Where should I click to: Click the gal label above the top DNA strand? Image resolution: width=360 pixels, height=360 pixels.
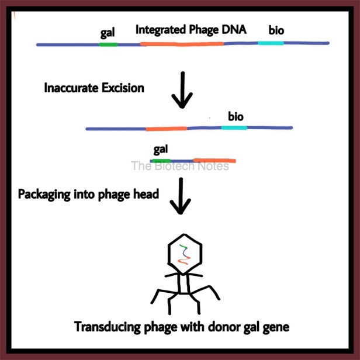coord(108,33)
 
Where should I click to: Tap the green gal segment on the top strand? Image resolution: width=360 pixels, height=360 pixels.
coord(108,44)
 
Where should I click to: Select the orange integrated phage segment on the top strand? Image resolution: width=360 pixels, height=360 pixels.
coord(182,44)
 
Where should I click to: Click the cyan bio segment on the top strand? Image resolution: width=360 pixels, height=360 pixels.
coord(271,43)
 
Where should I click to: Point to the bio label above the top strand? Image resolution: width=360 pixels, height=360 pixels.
coord(276,30)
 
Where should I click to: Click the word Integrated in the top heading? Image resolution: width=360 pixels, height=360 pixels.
coord(161,30)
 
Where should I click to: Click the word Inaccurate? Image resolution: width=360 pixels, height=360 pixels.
coord(71,88)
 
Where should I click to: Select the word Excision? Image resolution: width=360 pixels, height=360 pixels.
coord(123,88)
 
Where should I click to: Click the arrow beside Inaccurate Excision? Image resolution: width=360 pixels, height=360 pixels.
coord(182,90)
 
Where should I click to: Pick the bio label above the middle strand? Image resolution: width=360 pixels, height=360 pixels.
coord(236,117)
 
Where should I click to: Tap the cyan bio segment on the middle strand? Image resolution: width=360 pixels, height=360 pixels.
coord(234,127)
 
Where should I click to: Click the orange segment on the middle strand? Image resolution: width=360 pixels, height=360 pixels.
coord(167,129)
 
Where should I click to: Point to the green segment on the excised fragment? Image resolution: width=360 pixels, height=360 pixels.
coord(161,161)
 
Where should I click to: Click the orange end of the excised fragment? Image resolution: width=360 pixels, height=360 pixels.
coord(214,161)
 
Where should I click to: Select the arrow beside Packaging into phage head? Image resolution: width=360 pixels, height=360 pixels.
coord(181,196)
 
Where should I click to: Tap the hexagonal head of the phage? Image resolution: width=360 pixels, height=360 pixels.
coord(185,254)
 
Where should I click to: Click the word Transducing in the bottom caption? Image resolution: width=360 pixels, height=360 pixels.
coord(108,327)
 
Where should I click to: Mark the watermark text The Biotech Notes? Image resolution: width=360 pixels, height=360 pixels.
coord(180,166)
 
